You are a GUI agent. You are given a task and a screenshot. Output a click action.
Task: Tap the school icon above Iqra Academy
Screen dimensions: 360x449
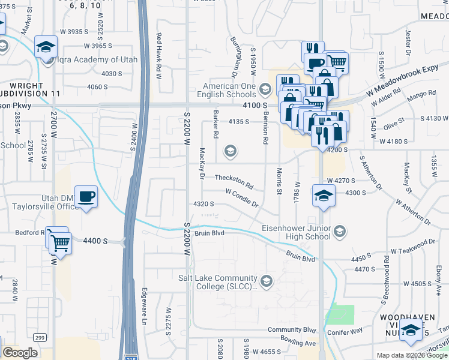click(x=46, y=47)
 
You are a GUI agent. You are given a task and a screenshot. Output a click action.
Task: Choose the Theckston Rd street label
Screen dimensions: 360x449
click(x=234, y=179)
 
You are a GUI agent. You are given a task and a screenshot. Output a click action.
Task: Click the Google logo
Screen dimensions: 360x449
click(x=20, y=353)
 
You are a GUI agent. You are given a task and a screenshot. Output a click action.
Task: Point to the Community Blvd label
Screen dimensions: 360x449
click(x=292, y=330)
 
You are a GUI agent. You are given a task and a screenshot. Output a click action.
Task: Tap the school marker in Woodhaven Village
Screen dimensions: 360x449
click(x=411, y=331)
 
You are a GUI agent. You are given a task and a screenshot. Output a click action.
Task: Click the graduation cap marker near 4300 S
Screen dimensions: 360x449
click(x=323, y=196)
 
